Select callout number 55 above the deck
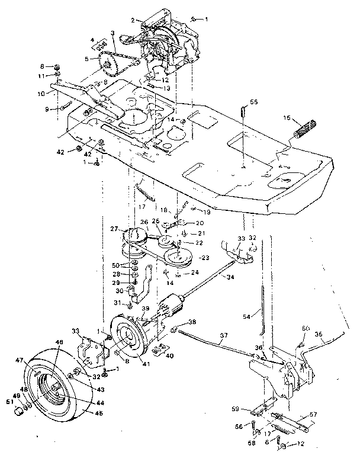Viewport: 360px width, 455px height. coord(253,102)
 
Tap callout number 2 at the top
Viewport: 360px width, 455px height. coord(133,20)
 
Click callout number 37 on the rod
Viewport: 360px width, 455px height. coord(223,335)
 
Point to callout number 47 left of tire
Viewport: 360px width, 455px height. coord(19,360)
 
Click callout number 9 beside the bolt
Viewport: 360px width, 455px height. coord(46,109)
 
